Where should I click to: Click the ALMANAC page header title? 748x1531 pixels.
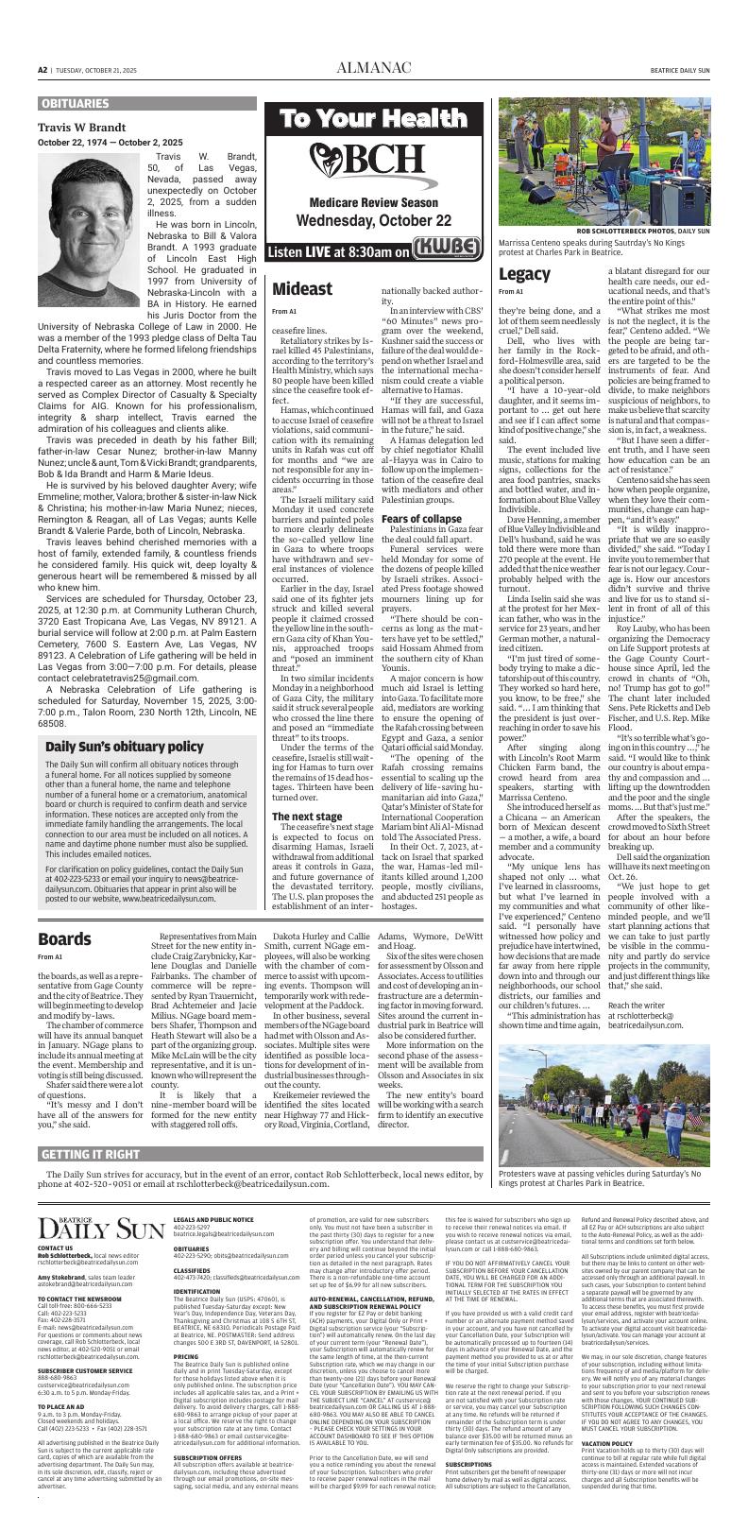[373, 69]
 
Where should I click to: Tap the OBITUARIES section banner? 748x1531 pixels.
[75, 103]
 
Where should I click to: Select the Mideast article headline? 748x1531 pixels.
[302, 288]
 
